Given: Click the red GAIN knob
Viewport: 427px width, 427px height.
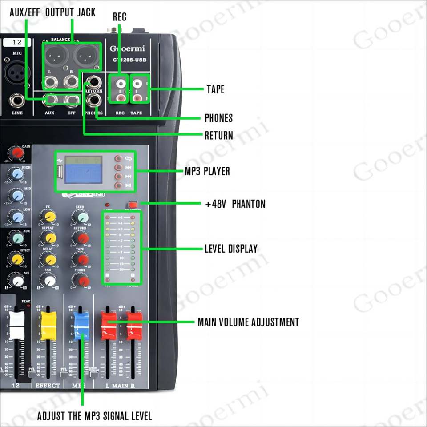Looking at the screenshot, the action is [x=17, y=153].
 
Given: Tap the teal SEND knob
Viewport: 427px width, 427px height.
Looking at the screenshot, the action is [x=81, y=217].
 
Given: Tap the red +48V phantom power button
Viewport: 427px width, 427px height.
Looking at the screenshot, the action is [x=132, y=205].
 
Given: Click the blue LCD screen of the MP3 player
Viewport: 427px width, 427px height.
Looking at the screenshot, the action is [x=84, y=171].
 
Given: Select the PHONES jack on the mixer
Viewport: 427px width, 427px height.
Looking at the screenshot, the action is [x=93, y=101].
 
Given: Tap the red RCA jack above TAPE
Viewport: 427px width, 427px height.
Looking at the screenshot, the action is [x=137, y=97].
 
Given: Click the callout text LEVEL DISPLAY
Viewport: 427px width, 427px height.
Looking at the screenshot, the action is [x=231, y=249].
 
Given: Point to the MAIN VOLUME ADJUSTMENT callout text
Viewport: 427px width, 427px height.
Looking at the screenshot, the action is [x=248, y=322].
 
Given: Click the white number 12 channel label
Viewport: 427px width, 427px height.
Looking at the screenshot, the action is [x=17, y=43].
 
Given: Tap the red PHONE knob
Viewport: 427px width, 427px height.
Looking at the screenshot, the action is [x=81, y=281].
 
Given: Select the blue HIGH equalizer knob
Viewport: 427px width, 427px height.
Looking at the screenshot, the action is [x=17, y=174].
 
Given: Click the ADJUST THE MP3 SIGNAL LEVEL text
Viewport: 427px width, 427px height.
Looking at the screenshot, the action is [x=94, y=416].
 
